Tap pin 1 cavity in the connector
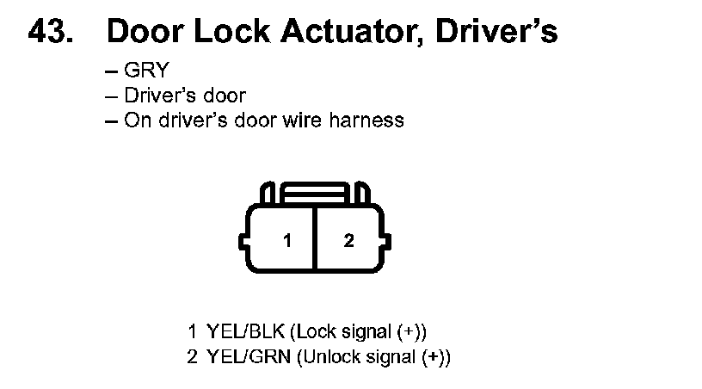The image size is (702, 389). (288, 241)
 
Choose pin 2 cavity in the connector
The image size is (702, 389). (348, 241)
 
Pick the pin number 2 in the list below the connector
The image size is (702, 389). (193, 356)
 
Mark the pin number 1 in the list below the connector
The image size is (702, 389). (193, 331)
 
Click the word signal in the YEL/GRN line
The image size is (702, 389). (382, 356)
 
